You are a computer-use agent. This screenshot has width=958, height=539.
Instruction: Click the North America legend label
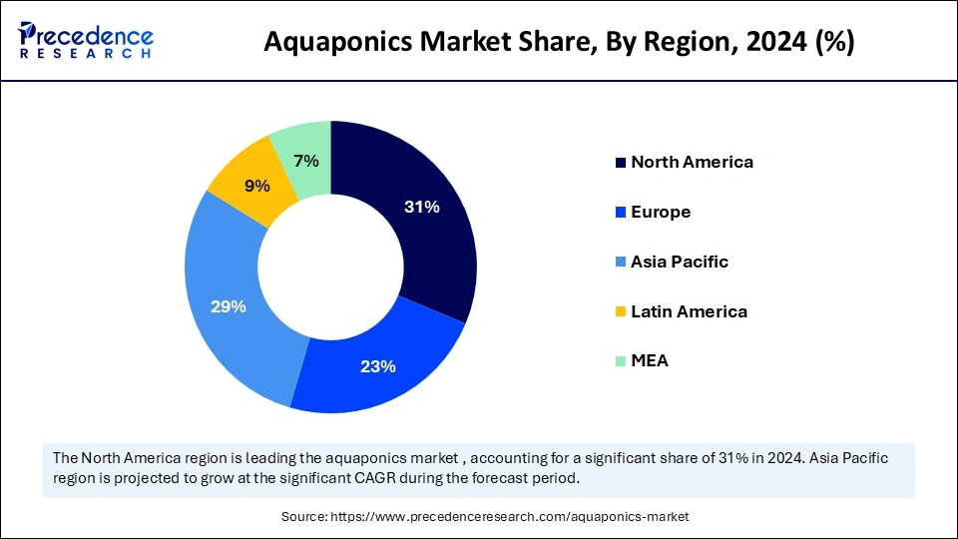692,162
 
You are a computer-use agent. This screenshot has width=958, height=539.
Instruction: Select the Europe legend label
661,212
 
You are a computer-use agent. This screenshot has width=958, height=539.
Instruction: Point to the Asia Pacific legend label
680,262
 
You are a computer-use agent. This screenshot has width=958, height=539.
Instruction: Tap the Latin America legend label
689,311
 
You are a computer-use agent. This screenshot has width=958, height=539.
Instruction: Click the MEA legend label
650,361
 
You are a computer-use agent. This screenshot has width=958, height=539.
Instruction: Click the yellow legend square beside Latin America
622,312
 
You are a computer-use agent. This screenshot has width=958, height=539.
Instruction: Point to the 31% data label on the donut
422,208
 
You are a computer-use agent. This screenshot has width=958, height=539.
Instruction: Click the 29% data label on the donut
229,306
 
